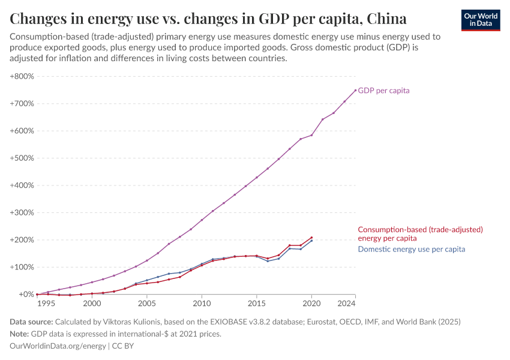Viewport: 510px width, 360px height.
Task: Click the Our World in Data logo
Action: coord(480,20)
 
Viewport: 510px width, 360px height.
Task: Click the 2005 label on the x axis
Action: coord(147,304)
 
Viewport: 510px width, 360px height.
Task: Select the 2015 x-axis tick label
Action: coord(257,304)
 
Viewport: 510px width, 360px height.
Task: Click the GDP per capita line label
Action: coord(384,91)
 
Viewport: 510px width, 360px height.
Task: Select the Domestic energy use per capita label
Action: coord(412,249)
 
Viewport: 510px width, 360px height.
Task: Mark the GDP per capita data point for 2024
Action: coord(355,91)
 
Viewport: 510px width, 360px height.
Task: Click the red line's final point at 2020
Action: coord(311,238)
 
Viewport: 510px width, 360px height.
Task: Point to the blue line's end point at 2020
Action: coord(311,241)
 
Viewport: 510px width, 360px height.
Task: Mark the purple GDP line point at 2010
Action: coord(202,220)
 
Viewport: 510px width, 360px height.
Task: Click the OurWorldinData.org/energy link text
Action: coord(58,346)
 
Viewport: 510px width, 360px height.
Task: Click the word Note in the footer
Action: coord(20,334)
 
